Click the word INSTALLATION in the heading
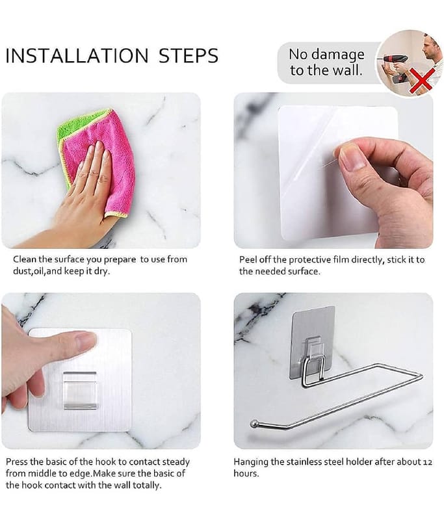[x=77, y=55]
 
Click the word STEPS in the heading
[x=189, y=55]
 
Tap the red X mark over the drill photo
[x=421, y=81]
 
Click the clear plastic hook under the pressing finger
[x=79, y=390]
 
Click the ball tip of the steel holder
[x=254, y=423]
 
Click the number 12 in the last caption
[x=428, y=461]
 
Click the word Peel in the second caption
[x=248, y=259]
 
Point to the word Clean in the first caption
[x=25, y=259]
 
